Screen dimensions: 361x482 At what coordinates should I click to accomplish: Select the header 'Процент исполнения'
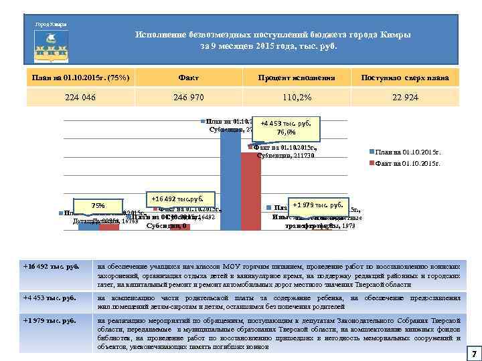pyautogui.click(x=297, y=78)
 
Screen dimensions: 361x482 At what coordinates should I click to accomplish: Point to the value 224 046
pyautogui.click(x=80, y=97)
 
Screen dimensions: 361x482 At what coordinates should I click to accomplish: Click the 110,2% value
pyautogui.click(x=297, y=97)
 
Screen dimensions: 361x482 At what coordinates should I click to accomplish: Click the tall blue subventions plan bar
pyautogui.click(x=230, y=180)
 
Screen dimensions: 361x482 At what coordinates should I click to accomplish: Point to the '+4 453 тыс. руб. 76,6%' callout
pyautogui.click(x=290, y=128)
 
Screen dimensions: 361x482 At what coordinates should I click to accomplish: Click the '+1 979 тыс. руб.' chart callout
pyautogui.click(x=318, y=204)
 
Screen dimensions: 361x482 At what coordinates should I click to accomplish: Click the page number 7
pyautogui.click(x=473, y=352)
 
